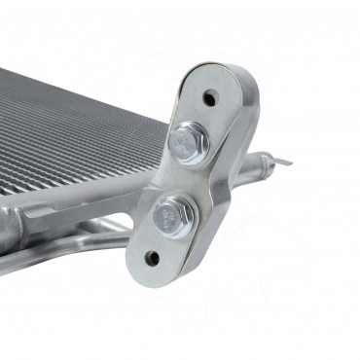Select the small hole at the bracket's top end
click(209, 98)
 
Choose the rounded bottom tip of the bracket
click(146, 277)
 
